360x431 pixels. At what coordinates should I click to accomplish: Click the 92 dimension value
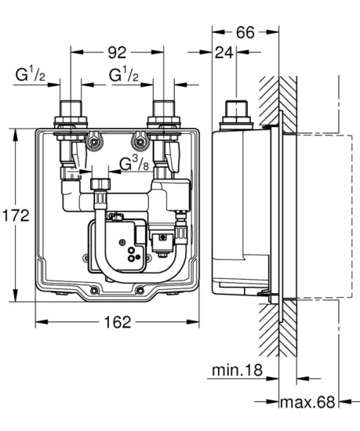click(118, 53)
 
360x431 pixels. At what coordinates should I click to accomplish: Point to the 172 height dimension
click(16, 215)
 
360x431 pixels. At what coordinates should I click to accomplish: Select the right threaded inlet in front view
click(164, 114)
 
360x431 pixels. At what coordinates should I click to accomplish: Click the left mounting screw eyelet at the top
click(96, 143)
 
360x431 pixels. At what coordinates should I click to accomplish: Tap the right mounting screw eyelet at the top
click(140, 143)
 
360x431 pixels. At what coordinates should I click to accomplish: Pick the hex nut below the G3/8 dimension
click(100, 186)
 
